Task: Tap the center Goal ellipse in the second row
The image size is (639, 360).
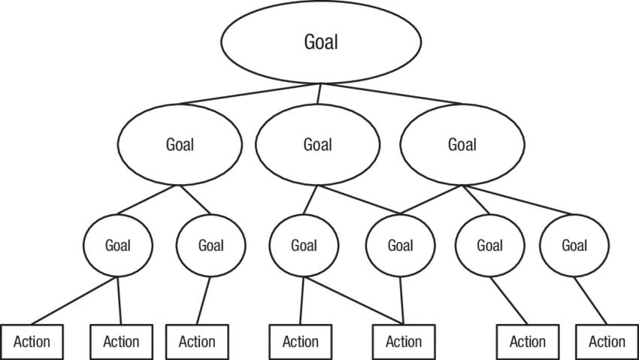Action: pos(317,144)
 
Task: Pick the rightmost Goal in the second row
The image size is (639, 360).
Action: pos(462,144)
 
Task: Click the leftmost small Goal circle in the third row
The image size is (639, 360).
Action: pos(117,245)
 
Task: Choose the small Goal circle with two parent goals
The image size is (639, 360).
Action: pos(400,245)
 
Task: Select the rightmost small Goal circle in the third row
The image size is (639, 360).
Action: pos(574,245)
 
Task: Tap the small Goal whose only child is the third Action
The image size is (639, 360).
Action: pos(210,245)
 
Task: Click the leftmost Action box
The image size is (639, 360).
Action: pos(32,342)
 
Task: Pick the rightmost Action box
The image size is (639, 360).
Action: pos(607,342)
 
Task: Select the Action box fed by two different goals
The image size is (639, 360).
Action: pos(404,342)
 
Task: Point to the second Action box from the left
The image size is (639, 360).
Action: pos(121,342)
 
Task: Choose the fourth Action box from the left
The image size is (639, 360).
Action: pos(301,342)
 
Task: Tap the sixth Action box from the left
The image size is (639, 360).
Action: pos(528,342)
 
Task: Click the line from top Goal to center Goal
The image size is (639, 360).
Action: pos(319,93)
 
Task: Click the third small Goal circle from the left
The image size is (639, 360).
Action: pos(303,245)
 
